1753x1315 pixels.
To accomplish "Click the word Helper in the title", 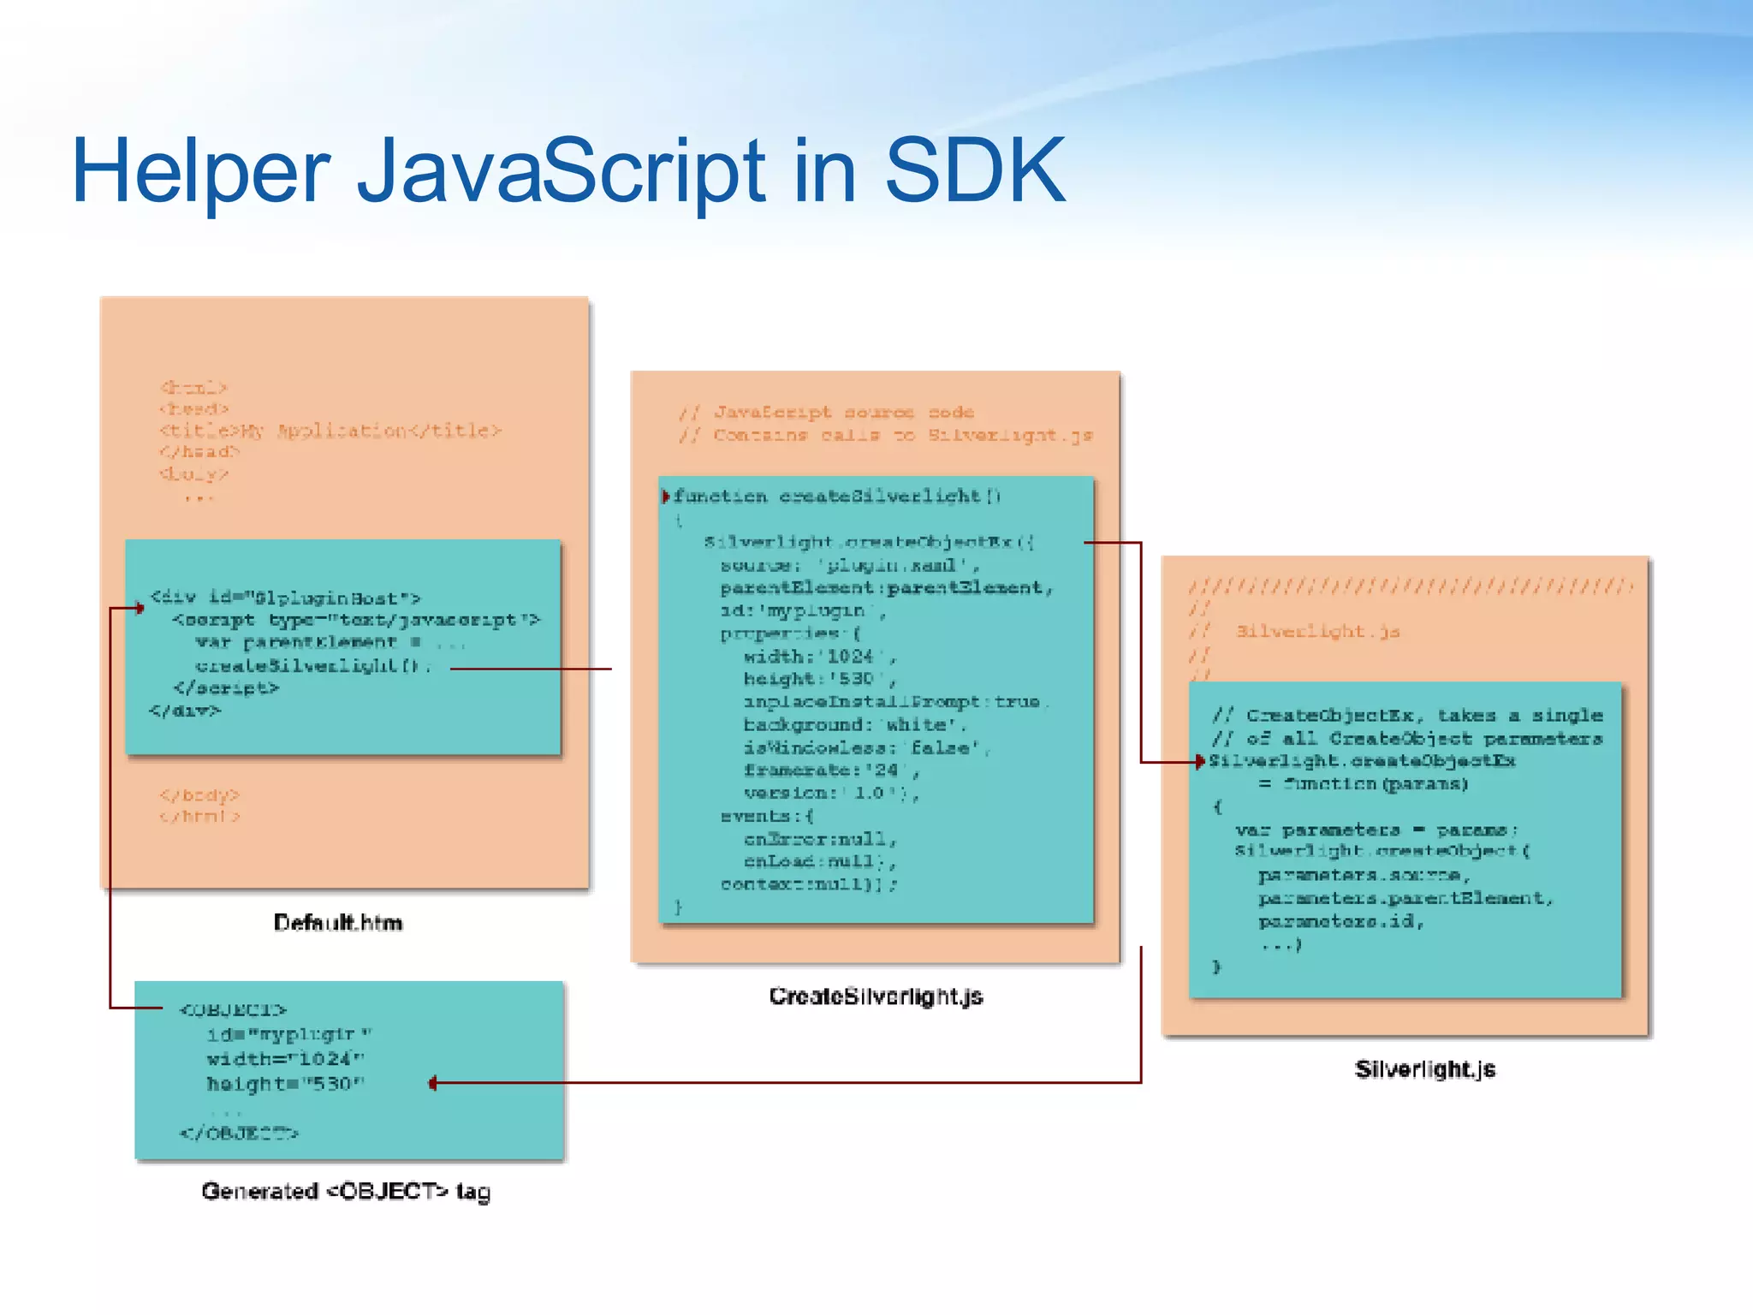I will click(x=200, y=171).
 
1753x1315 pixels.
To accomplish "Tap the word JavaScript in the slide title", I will click(x=561, y=171).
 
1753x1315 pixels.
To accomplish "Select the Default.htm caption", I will click(x=338, y=922).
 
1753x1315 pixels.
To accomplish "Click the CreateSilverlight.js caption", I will click(x=876, y=997).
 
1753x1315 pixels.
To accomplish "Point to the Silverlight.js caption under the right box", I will click(x=1424, y=1069).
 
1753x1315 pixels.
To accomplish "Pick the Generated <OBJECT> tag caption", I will click(x=346, y=1191).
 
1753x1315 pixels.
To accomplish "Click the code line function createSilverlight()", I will click(x=836, y=497).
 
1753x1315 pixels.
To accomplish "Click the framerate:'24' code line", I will click(x=830, y=771).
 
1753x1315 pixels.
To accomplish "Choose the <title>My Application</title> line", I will click(x=330, y=431).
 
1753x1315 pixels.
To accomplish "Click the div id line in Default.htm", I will click(x=285, y=598).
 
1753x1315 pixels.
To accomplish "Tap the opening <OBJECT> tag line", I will click(x=233, y=1009).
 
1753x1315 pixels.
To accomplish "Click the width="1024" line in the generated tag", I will click(x=285, y=1059).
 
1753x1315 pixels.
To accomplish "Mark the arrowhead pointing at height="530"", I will click(x=433, y=1083).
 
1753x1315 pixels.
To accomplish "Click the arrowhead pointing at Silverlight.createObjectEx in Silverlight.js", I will click(x=1200, y=761).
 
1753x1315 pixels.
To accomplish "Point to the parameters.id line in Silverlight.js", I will click(x=1340, y=922).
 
